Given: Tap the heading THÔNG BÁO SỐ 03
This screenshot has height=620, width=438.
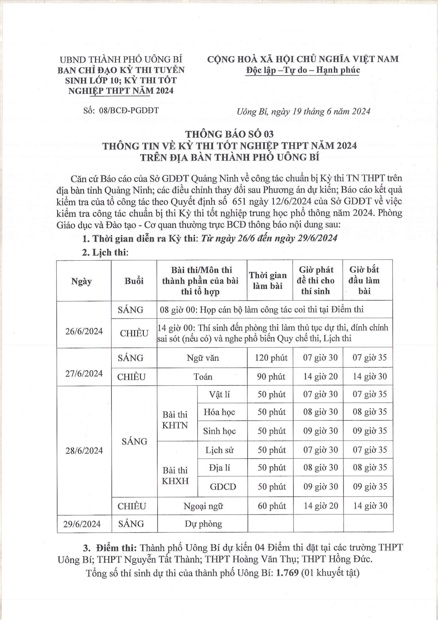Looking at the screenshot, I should (x=229, y=134).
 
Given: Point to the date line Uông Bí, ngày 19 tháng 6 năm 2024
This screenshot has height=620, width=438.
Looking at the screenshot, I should (x=304, y=112).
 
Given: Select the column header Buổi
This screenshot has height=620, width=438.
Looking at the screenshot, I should (x=134, y=281).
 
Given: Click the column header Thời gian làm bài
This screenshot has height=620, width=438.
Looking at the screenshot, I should (x=268, y=281).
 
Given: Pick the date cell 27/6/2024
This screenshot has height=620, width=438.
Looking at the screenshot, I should (x=84, y=374).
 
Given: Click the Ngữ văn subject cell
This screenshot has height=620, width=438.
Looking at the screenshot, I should (x=203, y=358).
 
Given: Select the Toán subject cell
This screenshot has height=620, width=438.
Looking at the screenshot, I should (x=203, y=377).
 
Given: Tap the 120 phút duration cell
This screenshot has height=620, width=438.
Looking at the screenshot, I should (x=271, y=358).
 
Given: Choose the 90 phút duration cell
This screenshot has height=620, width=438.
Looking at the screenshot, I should (x=271, y=377).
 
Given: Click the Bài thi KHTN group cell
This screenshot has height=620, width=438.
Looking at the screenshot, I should (x=175, y=420).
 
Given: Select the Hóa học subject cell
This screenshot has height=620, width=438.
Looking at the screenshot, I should (x=219, y=412).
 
